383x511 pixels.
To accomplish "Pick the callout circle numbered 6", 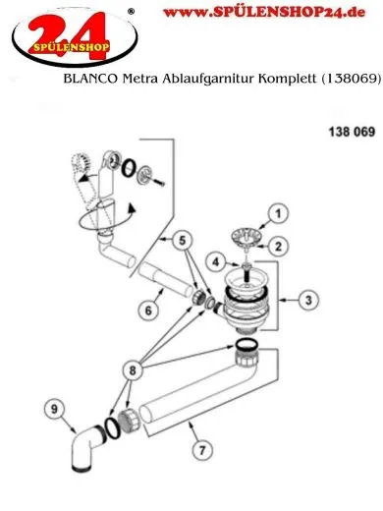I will pos(147,310).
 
